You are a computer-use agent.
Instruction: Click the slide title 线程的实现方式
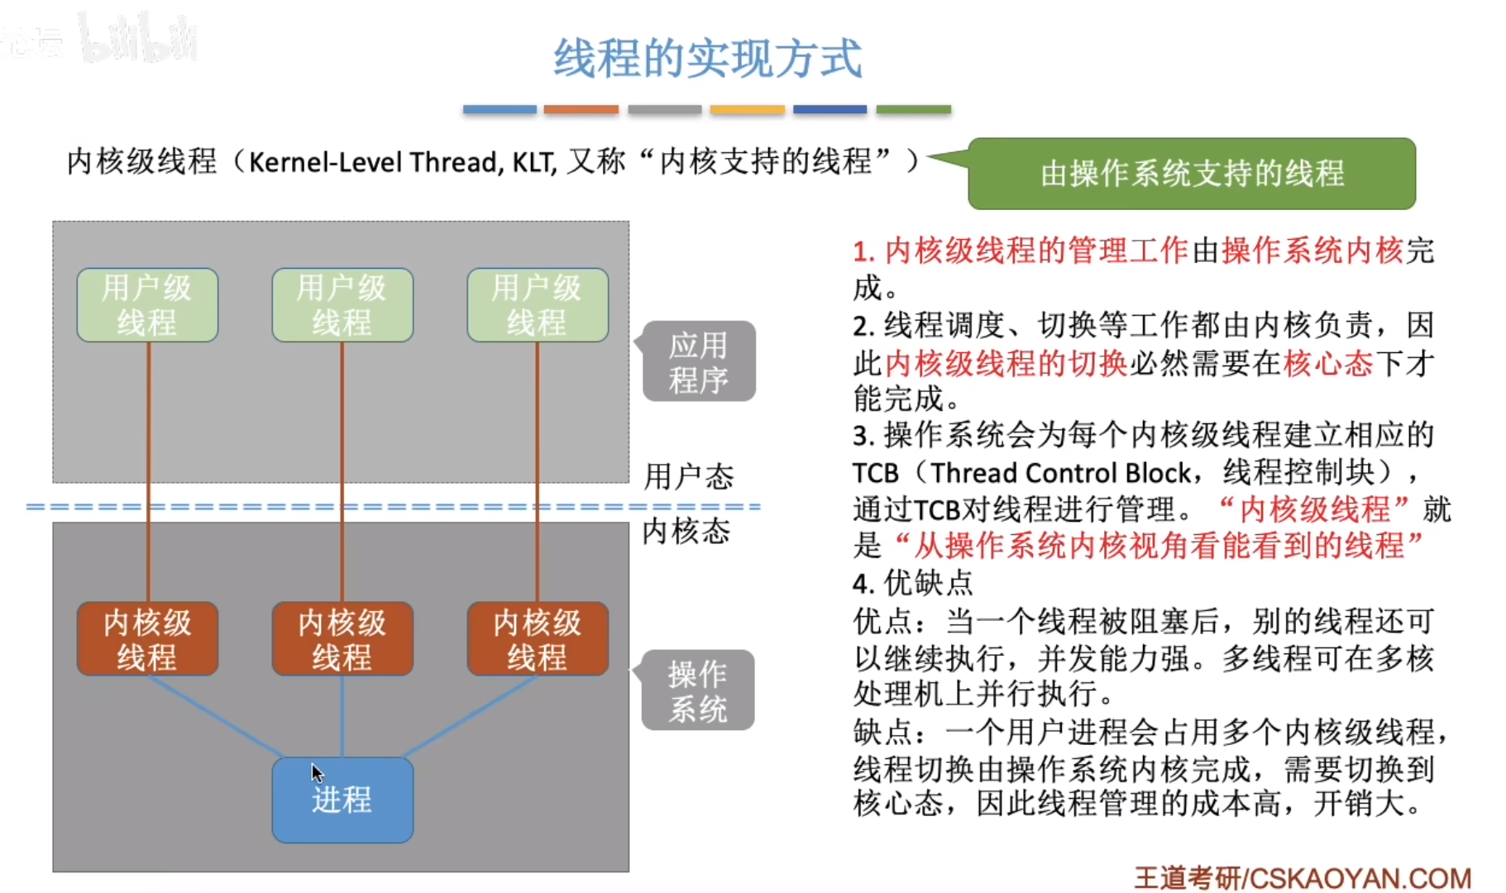(x=708, y=58)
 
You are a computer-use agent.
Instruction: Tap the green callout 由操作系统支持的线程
(x=1191, y=174)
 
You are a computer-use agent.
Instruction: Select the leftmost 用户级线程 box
(x=147, y=305)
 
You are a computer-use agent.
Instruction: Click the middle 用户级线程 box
(x=342, y=305)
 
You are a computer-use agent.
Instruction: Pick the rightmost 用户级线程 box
(x=538, y=305)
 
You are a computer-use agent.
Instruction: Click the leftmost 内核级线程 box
(x=147, y=639)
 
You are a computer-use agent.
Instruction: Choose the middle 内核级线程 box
(x=342, y=639)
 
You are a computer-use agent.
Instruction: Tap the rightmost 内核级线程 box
(x=538, y=639)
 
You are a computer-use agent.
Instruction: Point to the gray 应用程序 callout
(x=699, y=362)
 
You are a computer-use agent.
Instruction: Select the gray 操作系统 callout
(x=698, y=690)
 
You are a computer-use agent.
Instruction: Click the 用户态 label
(x=688, y=476)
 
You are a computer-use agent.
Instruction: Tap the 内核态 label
(x=686, y=531)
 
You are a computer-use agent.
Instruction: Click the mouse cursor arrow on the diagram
(x=317, y=772)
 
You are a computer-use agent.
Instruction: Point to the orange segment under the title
(x=581, y=109)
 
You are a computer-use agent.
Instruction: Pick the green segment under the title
(x=913, y=109)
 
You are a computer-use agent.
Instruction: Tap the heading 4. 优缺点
(x=912, y=583)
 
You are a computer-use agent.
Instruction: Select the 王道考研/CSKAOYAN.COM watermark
(x=1303, y=877)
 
